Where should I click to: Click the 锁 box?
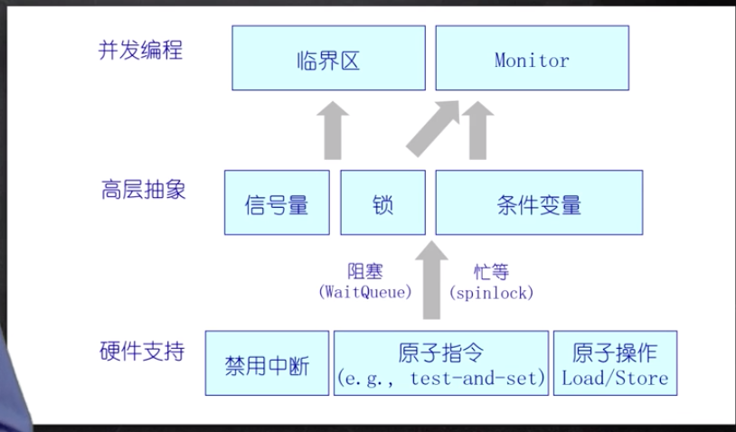click(382, 203)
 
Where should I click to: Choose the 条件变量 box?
click(539, 203)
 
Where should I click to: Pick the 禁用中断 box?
click(267, 363)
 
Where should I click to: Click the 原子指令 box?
click(441, 363)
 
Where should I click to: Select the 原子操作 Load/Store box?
click(615, 363)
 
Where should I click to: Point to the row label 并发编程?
click(140, 50)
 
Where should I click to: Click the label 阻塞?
click(365, 271)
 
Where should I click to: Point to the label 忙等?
click(491, 271)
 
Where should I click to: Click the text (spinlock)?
click(492, 293)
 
